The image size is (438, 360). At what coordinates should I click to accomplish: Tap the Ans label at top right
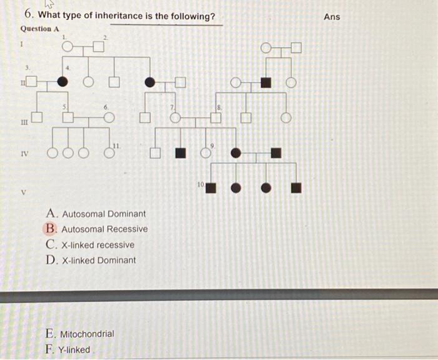pos(332,17)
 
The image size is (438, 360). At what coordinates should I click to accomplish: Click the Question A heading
pos(40,29)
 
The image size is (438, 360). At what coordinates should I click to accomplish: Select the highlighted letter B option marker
pos(50,229)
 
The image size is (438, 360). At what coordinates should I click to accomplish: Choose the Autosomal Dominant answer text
pos(104,214)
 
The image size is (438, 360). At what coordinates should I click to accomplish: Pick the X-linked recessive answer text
pos(98,245)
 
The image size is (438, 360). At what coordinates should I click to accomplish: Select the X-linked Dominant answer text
pos(99,260)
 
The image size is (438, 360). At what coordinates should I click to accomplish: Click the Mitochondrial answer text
pos(87,334)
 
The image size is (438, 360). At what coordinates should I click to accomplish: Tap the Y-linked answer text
pos(76,349)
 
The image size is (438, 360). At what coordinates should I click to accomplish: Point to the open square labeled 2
pos(98,46)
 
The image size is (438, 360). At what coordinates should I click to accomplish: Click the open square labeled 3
pos(31,82)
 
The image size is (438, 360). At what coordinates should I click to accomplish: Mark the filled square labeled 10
pos(211,186)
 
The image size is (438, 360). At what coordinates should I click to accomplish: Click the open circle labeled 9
pos(206,152)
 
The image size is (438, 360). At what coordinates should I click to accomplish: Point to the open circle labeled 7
pos(176,117)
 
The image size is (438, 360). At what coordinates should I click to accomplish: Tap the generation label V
pos(24,192)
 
